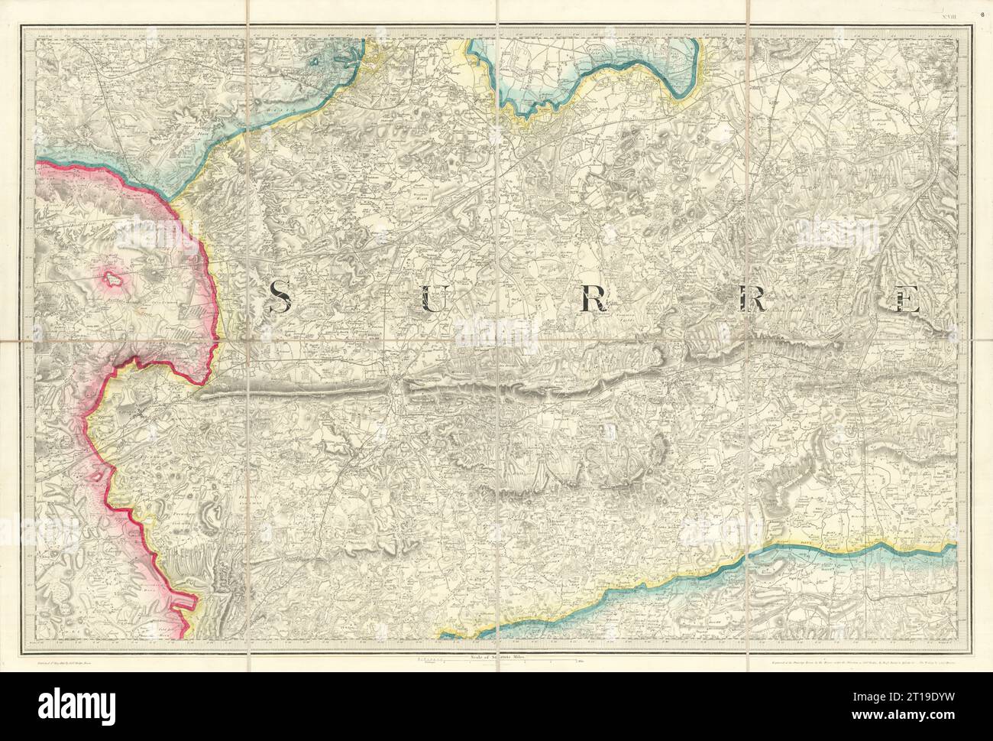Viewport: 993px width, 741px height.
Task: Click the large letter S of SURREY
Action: pyautogui.click(x=279, y=296)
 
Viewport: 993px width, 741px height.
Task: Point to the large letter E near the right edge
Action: pyautogui.click(x=907, y=297)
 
